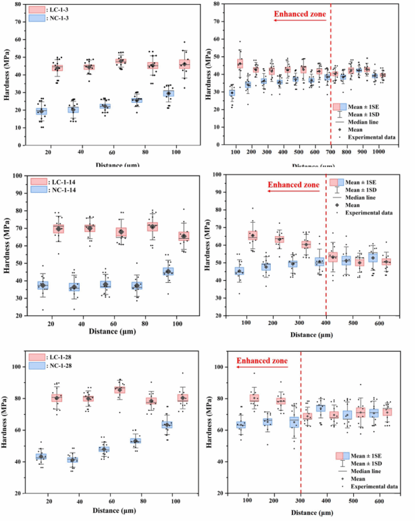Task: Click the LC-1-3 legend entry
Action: (53, 10)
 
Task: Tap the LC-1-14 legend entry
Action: (55, 181)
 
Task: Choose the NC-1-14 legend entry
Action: (55, 190)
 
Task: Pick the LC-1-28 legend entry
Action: (55, 357)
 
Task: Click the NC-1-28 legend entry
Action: (55, 366)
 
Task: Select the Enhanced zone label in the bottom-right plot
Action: (260, 361)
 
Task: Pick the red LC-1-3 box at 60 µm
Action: (121, 62)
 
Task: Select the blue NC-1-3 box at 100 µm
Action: (168, 93)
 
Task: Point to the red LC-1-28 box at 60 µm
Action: (121, 390)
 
